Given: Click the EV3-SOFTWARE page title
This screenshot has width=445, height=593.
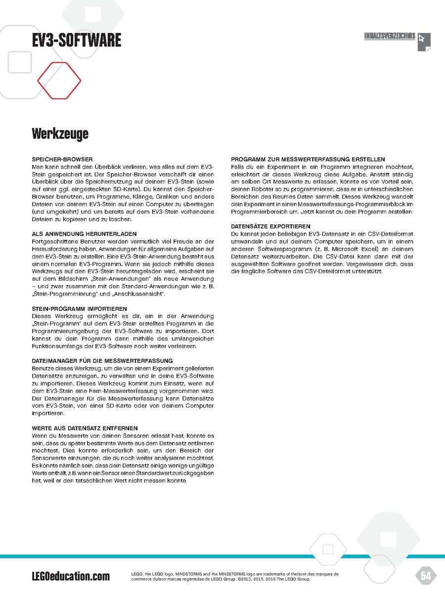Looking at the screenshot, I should pyautogui.click(x=76, y=40).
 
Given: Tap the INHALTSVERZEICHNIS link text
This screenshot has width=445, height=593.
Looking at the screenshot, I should pyautogui.click(x=389, y=37).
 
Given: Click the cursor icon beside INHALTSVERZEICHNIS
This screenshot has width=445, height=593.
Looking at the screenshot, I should pyautogui.click(x=424, y=42).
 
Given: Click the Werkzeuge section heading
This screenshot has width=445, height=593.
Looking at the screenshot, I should pyautogui.click(x=60, y=133).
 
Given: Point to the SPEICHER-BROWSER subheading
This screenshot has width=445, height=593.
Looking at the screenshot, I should pyautogui.click(x=62, y=160).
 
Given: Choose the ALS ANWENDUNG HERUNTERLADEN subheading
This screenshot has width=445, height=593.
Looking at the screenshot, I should pyautogui.click(x=85, y=233).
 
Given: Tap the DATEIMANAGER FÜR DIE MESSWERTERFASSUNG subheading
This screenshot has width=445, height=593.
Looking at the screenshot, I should pyautogui.click(x=102, y=361).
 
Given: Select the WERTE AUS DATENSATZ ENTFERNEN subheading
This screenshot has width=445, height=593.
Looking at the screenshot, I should pyautogui.click(x=85, y=427).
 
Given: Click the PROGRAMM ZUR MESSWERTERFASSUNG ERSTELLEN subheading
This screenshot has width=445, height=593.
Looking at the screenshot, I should pyautogui.click(x=308, y=160).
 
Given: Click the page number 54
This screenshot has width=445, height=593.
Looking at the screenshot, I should pyautogui.click(x=425, y=575).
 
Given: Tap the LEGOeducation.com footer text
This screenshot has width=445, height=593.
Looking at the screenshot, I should pyautogui.click(x=71, y=576).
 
